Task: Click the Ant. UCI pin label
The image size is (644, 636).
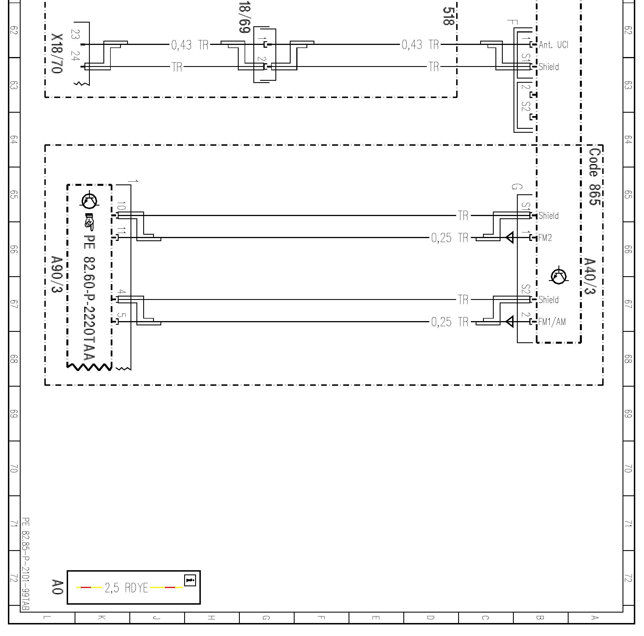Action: [553, 45]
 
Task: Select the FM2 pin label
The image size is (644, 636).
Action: [545, 238]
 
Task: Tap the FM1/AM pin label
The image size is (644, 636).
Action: [552, 322]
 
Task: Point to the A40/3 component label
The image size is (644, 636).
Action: [590, 276]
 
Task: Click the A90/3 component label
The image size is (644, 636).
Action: [57, 274]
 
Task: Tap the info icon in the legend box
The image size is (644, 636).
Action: [190, 580]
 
